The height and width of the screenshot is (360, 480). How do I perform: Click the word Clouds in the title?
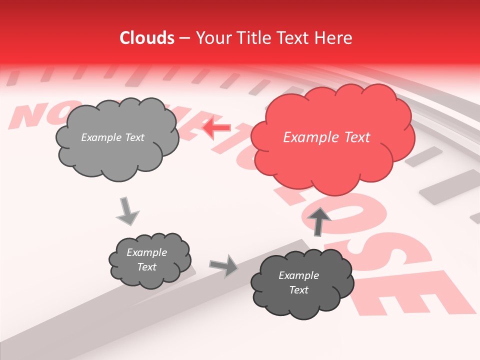pyautogui.click(x=147, y=38)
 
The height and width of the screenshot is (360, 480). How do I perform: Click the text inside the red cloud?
pyautogui.click(x=326, y=137)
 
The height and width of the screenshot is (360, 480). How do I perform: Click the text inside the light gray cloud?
pyautogui.click(x=112, y=137)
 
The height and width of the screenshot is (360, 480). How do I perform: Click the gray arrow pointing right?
pyautogui.click(x=224, y=265)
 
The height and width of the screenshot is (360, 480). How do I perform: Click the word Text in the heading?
pyautogui.click(x=293, y=38)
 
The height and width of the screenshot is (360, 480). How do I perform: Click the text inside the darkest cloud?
pyautogui.click(x=298, y=282)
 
